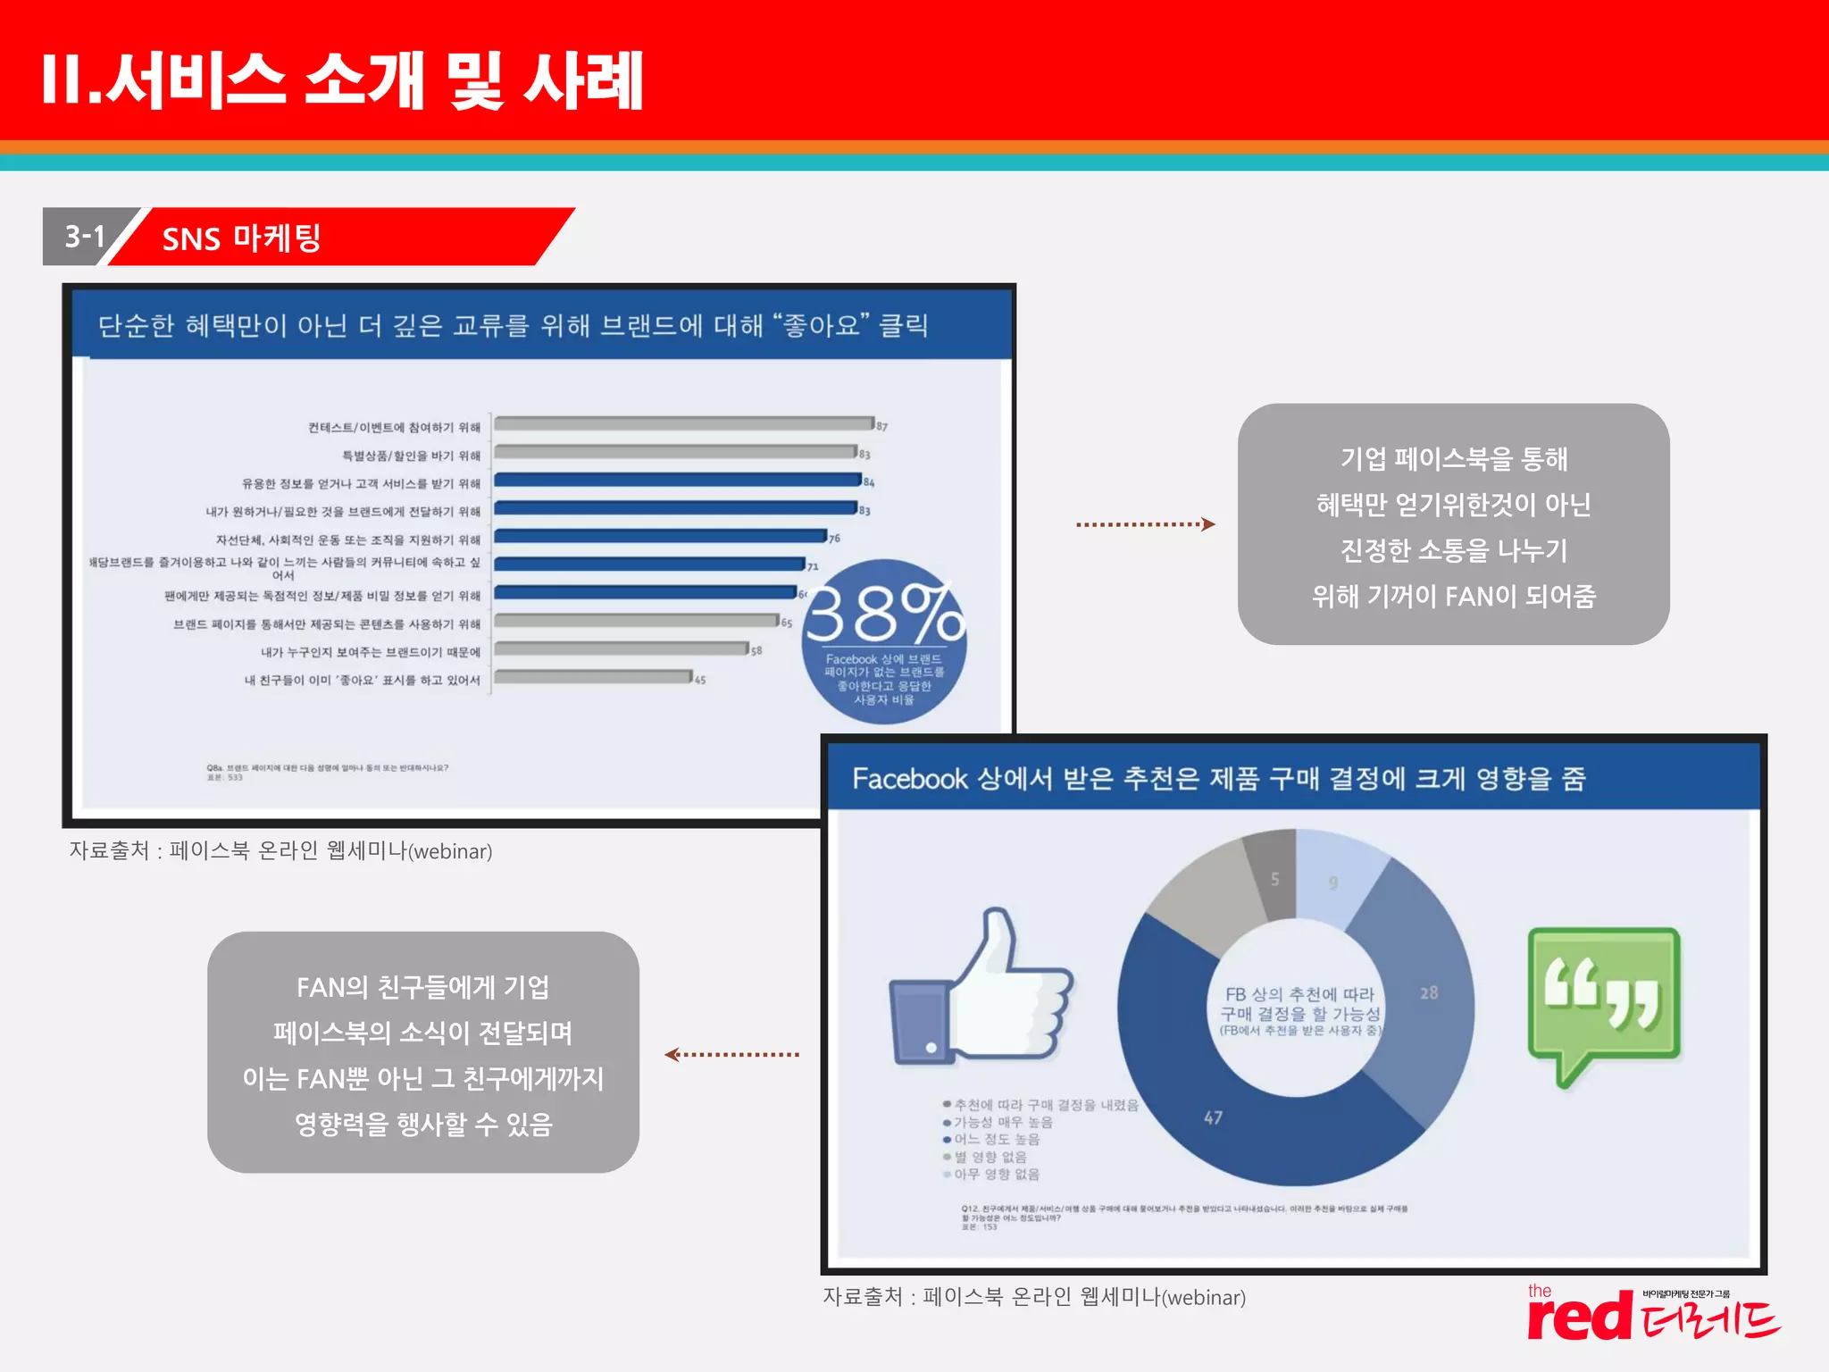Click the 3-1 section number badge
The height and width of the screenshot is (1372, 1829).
(x=85, y=237)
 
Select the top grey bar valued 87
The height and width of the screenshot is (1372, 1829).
(x=684, y=423)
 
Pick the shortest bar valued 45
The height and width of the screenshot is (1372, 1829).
(x=593, y=677)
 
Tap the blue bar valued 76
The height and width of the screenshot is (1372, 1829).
(x=660, y=536)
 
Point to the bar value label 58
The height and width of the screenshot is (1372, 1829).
(x=756, y=651)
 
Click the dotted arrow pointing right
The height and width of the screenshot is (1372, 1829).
(x=1145, y=524)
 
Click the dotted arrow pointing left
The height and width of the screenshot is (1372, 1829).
(x=731, y=1055)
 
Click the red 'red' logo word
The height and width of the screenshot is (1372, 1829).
(x=1579, y=1318)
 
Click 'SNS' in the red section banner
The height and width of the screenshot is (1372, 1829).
(x=191, y=239)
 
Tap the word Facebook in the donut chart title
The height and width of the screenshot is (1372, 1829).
(x=909, y=779)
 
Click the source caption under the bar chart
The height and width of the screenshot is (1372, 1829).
(x=280, y=850)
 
